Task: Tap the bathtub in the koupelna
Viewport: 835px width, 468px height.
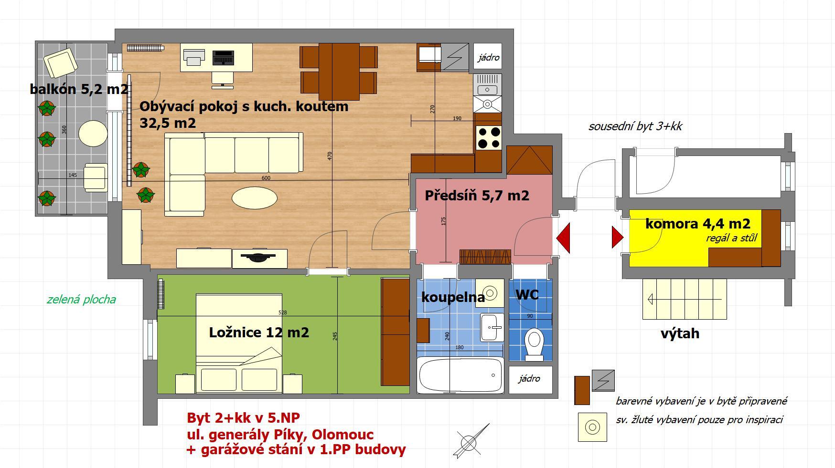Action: pyautogui.click(x=460, y=375)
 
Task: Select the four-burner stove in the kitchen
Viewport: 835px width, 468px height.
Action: pyautogui.click(x=489, y=137)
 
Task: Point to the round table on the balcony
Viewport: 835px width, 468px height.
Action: pyautogui.click(x=93, y=133)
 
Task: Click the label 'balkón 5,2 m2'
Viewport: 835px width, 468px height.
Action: pyautogui.click(x=79, y=89)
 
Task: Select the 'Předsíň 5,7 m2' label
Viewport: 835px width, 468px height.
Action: pyautogui.click(x=477, y=195)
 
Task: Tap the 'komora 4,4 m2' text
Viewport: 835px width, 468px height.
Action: pyautogui.click(x=697, y=223)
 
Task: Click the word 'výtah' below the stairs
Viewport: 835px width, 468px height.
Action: pyautogui.click(x=680, y=333)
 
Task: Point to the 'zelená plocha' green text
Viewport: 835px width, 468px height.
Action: pyautogui.click(x=81, y=300)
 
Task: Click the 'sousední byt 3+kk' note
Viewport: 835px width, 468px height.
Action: pyautogui.click(x=635, y=126)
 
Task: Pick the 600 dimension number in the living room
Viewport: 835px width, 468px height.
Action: pyautogui.click(x=266, y=178)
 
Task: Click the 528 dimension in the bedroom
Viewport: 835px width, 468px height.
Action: pyautogui.click(x=282, y=312)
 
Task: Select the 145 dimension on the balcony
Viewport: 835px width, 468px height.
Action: pyautogui.click(x=73, y=175)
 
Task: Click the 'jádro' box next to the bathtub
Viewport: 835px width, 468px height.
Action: pyautogui.click(x=530, y=379)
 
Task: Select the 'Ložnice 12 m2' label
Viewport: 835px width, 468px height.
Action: pyautogui.click(x=259, y=333)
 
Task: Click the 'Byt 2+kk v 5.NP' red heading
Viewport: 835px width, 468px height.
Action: pyautogui.click(x=243, y=418)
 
